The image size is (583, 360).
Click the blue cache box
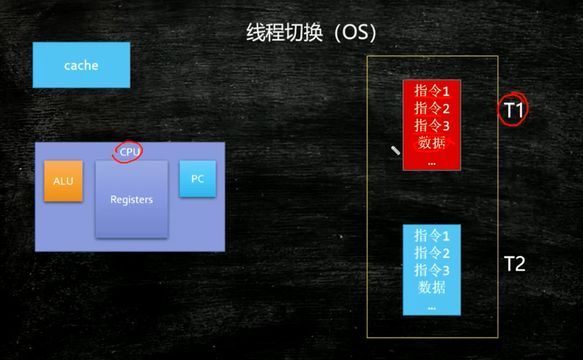[81, 65]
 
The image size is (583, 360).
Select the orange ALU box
[64, 181]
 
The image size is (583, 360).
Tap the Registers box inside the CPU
[131, 199]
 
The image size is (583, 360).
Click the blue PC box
[197, 179]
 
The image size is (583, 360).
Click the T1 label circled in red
[513, 110]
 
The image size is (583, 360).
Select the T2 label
[514, 263]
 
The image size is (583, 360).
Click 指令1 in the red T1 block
[432, 91]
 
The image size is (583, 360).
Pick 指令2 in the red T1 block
[432, 108]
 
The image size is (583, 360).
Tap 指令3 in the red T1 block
[432, 125]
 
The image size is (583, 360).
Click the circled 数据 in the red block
[432, 143]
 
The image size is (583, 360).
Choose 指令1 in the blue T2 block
[432, 235]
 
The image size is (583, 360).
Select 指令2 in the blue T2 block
[432, 252]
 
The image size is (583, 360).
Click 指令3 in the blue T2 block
[432, 270]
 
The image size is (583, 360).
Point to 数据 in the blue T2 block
[432, 288]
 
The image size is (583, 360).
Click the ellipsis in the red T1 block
[432, 163]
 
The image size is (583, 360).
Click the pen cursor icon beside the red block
[395, 150]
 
